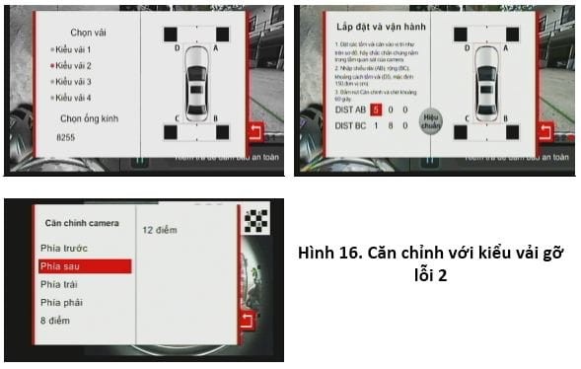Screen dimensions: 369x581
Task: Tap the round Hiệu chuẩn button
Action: click(430, 121)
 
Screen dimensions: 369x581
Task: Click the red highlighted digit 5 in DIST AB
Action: click(376, 110)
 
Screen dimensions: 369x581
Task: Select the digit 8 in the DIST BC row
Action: click(390, 126)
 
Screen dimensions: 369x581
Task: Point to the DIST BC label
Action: click(346, 126)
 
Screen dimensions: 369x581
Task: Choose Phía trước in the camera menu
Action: click(60, 249)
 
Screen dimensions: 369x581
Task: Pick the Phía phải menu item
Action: click(58, 302)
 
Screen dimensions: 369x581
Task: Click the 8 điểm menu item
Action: click(54, 320)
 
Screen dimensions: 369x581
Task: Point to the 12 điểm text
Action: click(159, 230)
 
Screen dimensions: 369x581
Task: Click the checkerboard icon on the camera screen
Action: click(256, 220)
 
